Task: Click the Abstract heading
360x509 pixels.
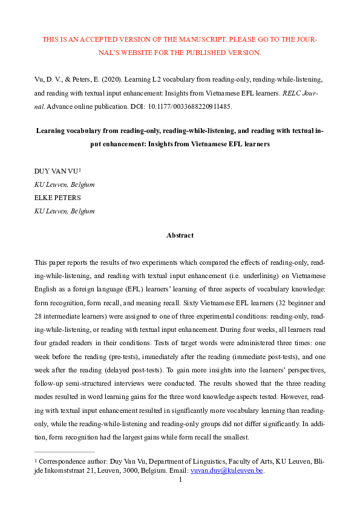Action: tap(180, 235)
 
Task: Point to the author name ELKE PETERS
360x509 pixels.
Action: tap(55, 197)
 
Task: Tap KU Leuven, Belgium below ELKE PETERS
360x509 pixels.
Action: tap(65, 210)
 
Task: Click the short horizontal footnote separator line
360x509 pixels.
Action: tap(65, 452)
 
